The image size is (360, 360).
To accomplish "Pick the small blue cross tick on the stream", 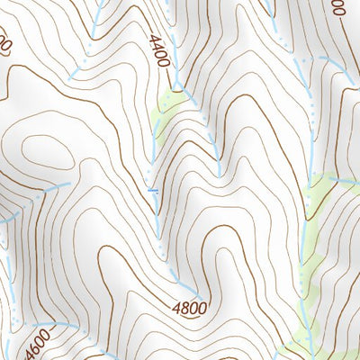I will (153, 190).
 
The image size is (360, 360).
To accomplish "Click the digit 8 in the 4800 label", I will (184, 308).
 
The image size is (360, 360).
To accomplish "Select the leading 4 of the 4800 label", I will (175, 307).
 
